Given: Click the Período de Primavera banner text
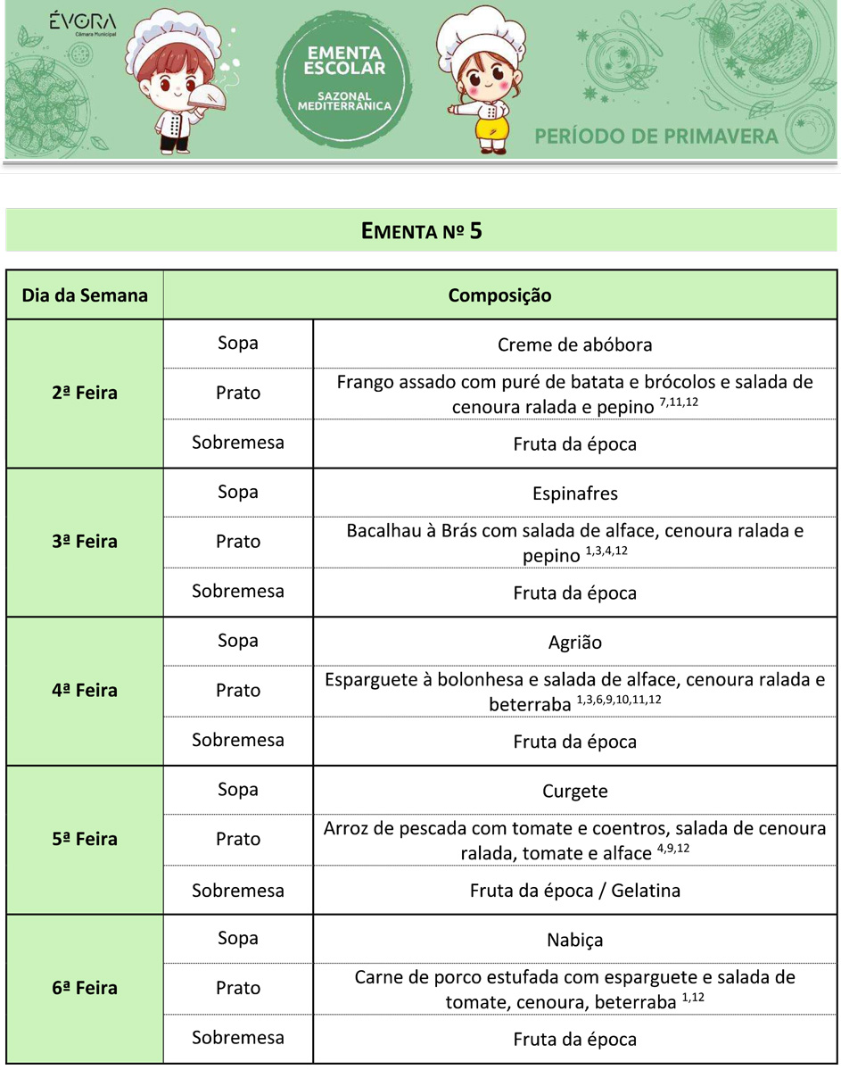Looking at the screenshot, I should pos(655,137).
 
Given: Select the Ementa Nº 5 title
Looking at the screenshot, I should pos(421,231).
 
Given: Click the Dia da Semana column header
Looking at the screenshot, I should pos(85,294).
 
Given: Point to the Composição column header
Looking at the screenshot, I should pos(499,294).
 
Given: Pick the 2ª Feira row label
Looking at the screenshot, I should pos(85,393).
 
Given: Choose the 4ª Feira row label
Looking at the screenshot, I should pos(85,690).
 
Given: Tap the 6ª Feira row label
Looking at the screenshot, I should pos(85,988).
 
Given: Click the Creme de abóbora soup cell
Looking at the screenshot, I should pos(574,344).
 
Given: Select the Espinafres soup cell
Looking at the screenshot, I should pos(574,494).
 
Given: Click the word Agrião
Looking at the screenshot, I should pos(574,642).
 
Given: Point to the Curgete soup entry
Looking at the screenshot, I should pos(574,791).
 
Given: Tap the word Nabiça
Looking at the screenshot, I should pos(574,940).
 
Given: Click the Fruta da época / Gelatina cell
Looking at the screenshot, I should pos(574,891).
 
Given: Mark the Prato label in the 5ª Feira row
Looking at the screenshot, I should pos(238,839).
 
